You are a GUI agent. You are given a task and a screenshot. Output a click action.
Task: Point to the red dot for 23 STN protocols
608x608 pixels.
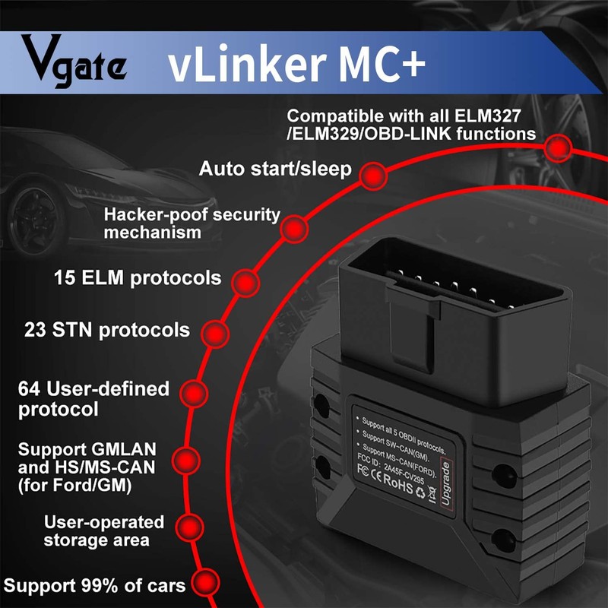point(215,333)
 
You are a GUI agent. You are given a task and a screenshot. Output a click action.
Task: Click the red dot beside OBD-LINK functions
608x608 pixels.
point(559,147)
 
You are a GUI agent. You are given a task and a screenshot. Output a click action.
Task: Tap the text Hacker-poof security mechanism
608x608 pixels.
point(192,223)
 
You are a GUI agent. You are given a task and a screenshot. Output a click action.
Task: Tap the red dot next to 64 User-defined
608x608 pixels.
point(195,394)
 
